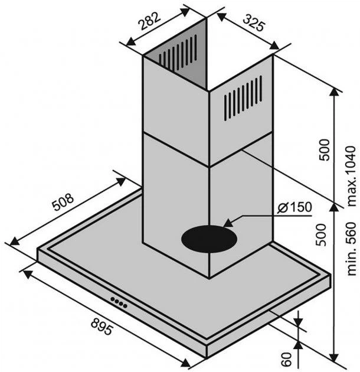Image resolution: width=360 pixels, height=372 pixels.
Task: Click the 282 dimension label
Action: [149, 21]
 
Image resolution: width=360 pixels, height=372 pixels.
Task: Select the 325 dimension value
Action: [253, 22]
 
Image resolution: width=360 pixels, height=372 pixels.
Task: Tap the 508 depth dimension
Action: [63, 202]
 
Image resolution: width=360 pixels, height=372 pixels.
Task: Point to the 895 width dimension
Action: [102, 327]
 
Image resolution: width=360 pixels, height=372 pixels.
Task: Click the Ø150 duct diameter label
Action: [294, 207]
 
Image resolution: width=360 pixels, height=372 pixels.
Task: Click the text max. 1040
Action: [351, 176]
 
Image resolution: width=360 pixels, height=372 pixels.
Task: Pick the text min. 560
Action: [351, 249]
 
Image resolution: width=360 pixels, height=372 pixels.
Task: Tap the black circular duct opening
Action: [209, 239]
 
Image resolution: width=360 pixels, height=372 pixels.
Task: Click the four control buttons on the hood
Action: [119, 302]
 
